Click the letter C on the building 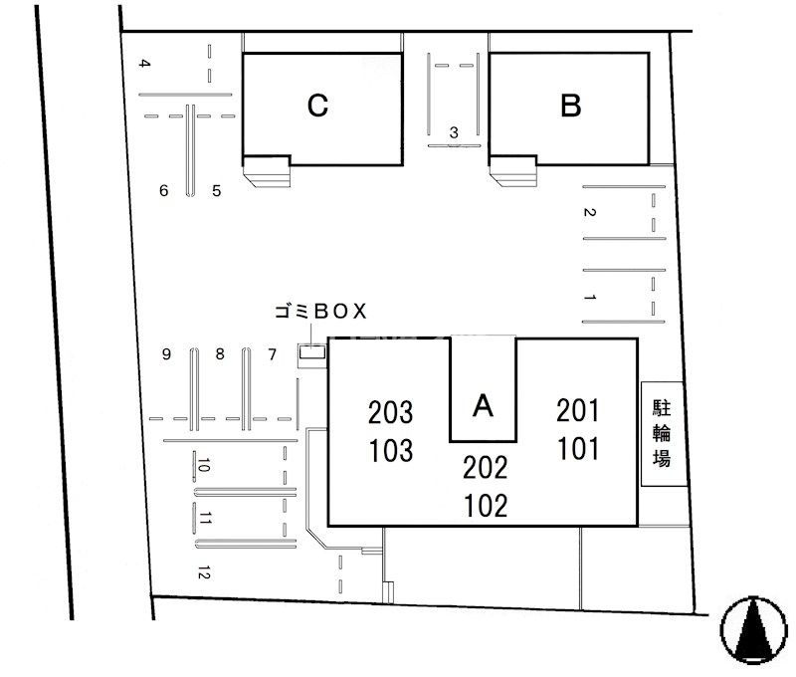[317, 106]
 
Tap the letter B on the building [570, 106]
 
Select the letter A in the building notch [483, 406]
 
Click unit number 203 [390, 412]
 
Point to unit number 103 [391, 450]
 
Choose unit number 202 [485, 468]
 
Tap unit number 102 [486, 506]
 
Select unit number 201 [578, 410]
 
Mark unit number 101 [578, 449]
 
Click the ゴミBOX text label [320, 312]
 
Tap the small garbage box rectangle [311, 352]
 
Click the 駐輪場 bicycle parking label [662, 433]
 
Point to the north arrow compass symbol [754, 630]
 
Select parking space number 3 [454, 132]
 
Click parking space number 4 [145, 64]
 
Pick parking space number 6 [163, 190]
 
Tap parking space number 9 [166, 354]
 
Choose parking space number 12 [204, 572]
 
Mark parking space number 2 [589, 212]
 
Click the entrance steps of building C [267, 171]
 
